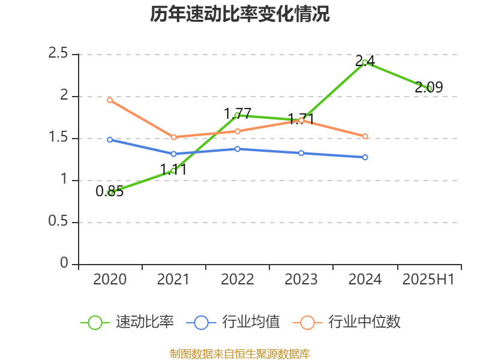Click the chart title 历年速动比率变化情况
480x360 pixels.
[x=240, y=14]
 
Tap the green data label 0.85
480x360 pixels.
[x=110, y=191]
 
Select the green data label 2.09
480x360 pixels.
[x=429, y=88]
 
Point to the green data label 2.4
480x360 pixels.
[x=365, y=61]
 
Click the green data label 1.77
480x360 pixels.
[x=238, y=113]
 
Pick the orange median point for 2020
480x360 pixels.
[x=110, y=100]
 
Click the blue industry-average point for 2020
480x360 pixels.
[x=110, y=140]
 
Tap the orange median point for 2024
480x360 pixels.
[x=365, y=136]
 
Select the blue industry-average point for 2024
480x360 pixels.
[x=365, y=157]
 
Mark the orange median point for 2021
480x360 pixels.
[x=173, y=137]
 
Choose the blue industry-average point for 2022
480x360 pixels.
[x=238, y=149]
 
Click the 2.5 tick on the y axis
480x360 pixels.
[x=58, y=54]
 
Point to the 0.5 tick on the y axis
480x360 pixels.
[x=58, y=223]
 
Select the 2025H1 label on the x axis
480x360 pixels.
[x=428, y=280]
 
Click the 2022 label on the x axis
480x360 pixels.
[x=238, y=280]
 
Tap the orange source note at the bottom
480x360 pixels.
[x=240, y=354]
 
